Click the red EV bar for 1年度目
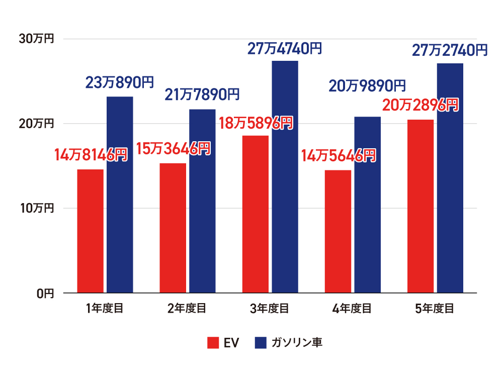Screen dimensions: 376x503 point(90,231)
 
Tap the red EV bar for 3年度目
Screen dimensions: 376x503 point(255,214)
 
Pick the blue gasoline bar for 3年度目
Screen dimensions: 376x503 point(285,176)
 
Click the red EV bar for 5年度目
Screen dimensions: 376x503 point(420,206)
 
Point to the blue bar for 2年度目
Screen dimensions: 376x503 point(202,201)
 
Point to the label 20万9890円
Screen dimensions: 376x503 point(367,86)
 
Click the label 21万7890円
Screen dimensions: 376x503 point(203,94)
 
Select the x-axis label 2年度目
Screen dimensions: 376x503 point(187,308)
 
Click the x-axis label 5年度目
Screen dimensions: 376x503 point(435,308)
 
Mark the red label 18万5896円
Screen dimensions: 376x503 point(256,123)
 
